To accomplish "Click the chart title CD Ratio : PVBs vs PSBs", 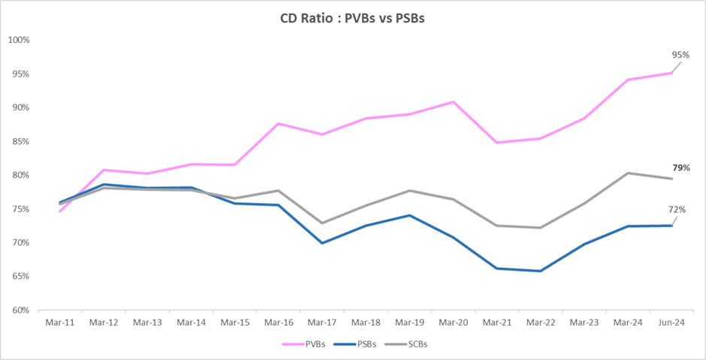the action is (x=352, y=20).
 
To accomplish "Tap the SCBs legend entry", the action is (x=406, y=344).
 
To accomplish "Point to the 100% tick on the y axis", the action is (x=19, y=40).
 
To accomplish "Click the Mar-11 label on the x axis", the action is (x=60, y=322).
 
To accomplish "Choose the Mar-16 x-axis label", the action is (x=278, y=322).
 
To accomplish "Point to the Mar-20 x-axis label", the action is (x=452, y=322).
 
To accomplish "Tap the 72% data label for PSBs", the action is (x=677, y=210).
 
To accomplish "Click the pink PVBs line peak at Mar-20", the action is (x=453, y=101).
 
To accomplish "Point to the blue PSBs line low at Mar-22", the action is (x=540, y=271).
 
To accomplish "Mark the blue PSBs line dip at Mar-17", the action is (x=322, y=243).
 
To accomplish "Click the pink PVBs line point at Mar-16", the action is (x=279, y=123).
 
